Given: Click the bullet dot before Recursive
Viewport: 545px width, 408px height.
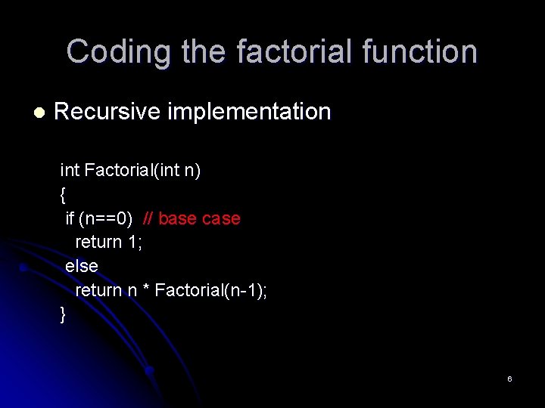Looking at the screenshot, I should click(39, 113).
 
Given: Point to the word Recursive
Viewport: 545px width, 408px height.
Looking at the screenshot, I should click(107, 112).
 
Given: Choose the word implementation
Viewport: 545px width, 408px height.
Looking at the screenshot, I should click(249, 113).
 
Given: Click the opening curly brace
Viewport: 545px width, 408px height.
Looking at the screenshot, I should click(63, 195).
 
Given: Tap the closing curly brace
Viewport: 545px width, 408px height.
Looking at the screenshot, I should click(63, 314).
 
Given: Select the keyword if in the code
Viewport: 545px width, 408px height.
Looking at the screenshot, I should click(70, 218).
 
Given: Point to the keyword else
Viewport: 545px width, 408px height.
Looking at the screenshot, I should click(82, 266).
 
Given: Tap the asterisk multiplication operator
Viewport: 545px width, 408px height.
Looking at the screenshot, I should click(145, 290).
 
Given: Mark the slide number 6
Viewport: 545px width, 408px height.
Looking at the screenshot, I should click(509, 379).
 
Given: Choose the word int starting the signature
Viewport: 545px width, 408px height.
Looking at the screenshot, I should click(70, 171).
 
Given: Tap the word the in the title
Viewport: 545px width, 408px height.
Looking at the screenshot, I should click(205, 51).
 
